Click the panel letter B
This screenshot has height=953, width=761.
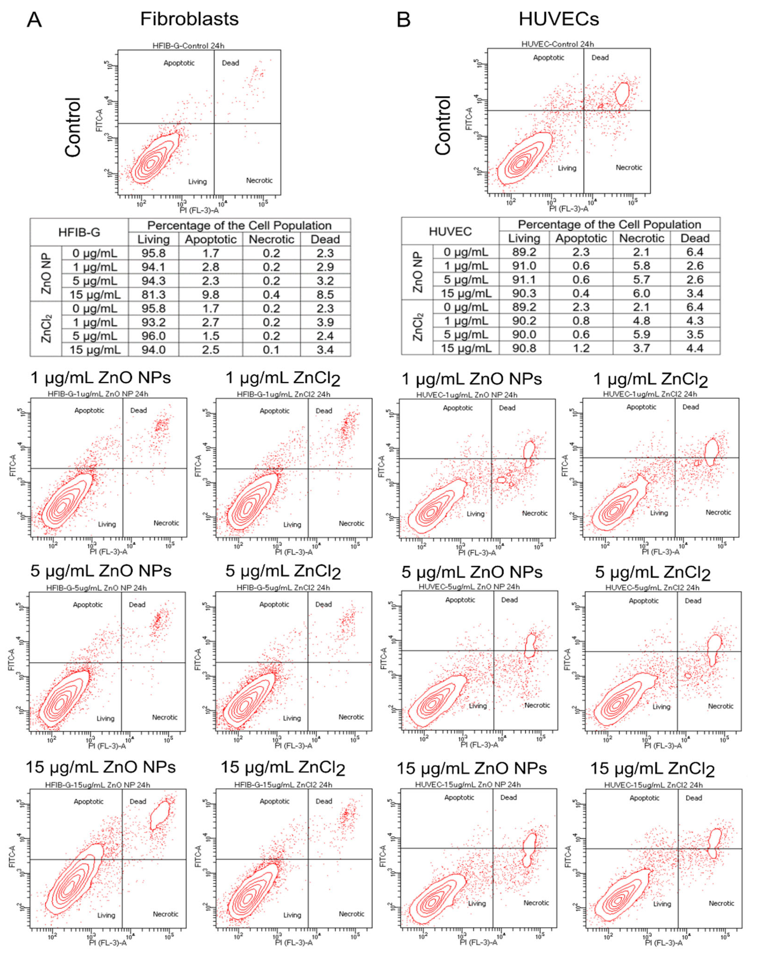(403, 20)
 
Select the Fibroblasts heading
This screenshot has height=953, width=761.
(189, 19)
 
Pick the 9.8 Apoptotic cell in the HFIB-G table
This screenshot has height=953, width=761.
(210, 295)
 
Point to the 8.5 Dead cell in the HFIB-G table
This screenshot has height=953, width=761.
(325, 295)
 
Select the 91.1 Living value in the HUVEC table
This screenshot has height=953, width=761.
(524, 279)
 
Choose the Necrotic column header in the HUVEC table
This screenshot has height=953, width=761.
(641, 238)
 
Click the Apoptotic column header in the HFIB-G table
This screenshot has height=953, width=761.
(210, 240)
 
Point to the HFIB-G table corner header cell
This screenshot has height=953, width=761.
(79, 232)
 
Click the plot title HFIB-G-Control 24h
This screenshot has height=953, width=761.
(188, 46)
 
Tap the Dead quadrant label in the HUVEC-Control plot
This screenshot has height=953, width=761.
(600, 57)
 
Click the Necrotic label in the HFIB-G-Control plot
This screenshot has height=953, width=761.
(259, 180)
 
